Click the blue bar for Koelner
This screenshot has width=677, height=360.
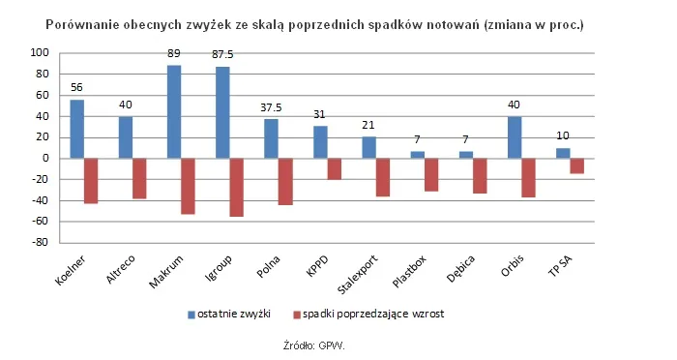76,129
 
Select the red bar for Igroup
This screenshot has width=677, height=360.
236,187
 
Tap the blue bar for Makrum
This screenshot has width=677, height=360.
174,111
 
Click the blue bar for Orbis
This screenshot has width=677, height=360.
515,137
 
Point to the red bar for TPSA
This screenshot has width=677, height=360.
577,165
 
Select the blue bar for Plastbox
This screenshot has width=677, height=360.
417,154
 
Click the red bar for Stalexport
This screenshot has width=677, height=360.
383,177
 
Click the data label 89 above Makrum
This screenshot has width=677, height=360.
174,55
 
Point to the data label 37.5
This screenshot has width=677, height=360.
272,108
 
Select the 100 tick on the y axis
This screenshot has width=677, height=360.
42,52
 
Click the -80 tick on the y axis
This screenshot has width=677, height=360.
42,243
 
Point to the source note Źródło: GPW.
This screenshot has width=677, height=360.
314,345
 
